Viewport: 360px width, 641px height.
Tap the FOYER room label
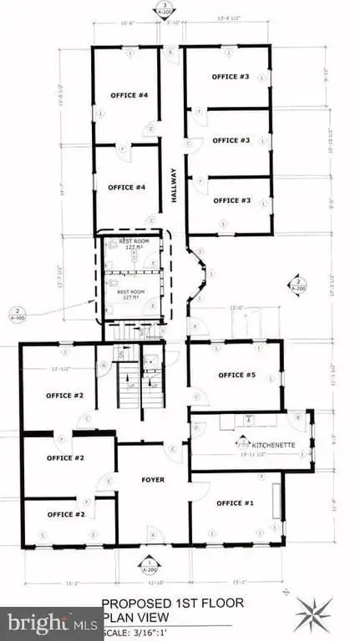[153, 480]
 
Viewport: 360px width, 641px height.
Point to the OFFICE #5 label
[236, 376]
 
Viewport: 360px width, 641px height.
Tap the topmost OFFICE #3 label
[231, 77]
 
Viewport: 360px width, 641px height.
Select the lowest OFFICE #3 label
[231, 200]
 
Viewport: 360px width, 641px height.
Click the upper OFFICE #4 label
[129, 95]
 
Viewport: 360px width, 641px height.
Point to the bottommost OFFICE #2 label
[65, 514]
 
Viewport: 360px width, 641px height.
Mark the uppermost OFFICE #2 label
[65, 395]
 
